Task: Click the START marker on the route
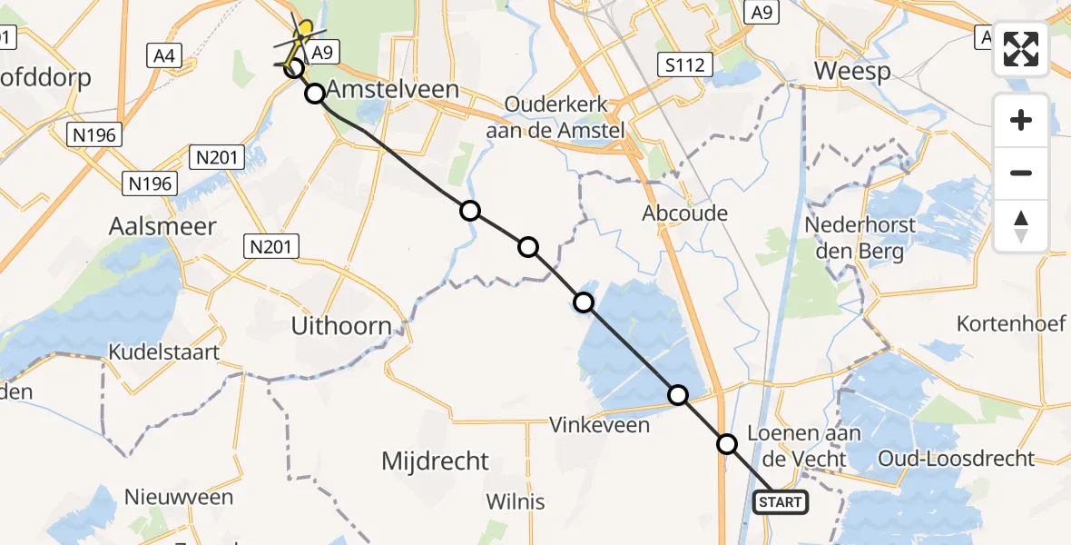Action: (780, 501)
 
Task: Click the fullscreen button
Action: (1021, 49)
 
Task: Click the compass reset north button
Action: (1021, 226)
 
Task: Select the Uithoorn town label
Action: (340, 325)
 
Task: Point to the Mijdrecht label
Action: (435, 461)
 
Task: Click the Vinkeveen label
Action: (600, 424)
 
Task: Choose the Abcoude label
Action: (684, 213)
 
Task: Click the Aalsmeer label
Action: (162, 225)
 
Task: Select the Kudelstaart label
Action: (164, 352)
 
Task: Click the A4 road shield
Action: (163, 56)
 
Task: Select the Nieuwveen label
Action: (179, 497)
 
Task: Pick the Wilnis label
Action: (516, 501)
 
